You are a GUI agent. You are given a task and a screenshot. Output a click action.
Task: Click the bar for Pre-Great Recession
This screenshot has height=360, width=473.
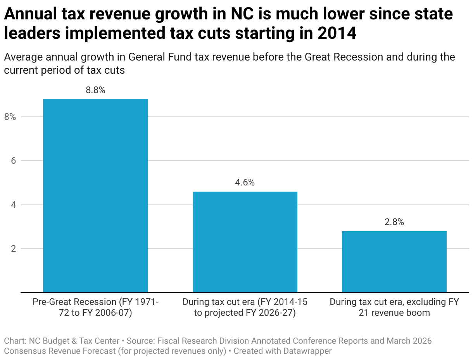tap(95, 196)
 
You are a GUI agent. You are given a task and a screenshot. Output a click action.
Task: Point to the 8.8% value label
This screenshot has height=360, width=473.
tap(95, 90)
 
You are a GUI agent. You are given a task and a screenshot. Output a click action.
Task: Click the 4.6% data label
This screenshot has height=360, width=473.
tap(245, 183)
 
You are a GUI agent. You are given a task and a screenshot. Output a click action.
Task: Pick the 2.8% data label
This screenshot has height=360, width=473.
tap(394, 222)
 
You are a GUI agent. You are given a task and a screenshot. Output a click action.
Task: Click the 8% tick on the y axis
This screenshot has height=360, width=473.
tap(10, 117)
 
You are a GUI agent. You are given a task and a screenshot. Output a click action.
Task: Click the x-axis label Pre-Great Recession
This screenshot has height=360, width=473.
tap(95, 307)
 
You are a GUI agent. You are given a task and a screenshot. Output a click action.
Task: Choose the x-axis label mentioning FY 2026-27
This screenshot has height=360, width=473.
tap(245, 307)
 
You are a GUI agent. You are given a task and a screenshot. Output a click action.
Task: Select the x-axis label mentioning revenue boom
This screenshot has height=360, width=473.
tap(394, 307)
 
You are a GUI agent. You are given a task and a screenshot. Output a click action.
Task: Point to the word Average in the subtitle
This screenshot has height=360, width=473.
tap(22, 57)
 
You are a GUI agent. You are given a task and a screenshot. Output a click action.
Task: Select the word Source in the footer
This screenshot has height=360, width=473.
tap(139, 341)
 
